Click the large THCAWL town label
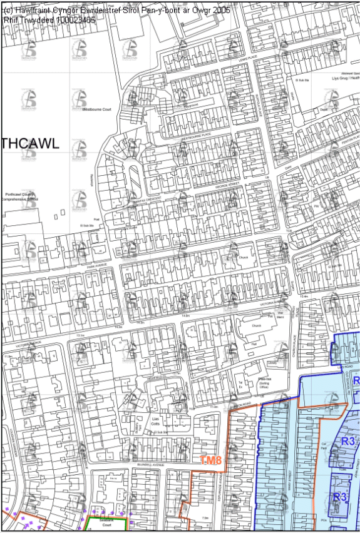pos(30,143)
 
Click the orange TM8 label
pos(211,461)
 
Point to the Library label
pos(271,363)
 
